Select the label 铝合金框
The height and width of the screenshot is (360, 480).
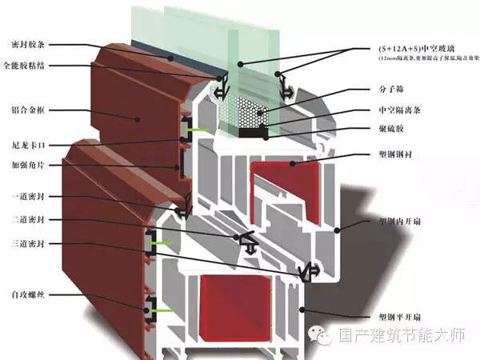click(26, 111)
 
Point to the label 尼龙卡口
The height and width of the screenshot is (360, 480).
click(26, 146)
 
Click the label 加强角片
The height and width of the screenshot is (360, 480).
click(26, 166)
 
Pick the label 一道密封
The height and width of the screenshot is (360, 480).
click(26, 197)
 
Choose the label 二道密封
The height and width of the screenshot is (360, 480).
click(26, 218)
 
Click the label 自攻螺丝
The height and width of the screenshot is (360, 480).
click(26, 295)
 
